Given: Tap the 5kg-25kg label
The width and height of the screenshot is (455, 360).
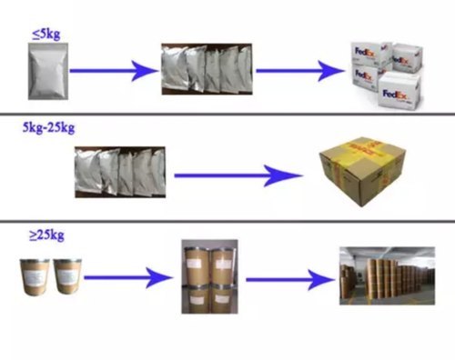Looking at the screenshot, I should point(48,127).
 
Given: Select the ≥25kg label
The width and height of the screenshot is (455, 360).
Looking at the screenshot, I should point(45,235).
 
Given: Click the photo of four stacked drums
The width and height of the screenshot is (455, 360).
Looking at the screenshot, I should point(208,276).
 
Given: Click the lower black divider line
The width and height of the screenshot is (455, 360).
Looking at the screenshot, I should point(227,222).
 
